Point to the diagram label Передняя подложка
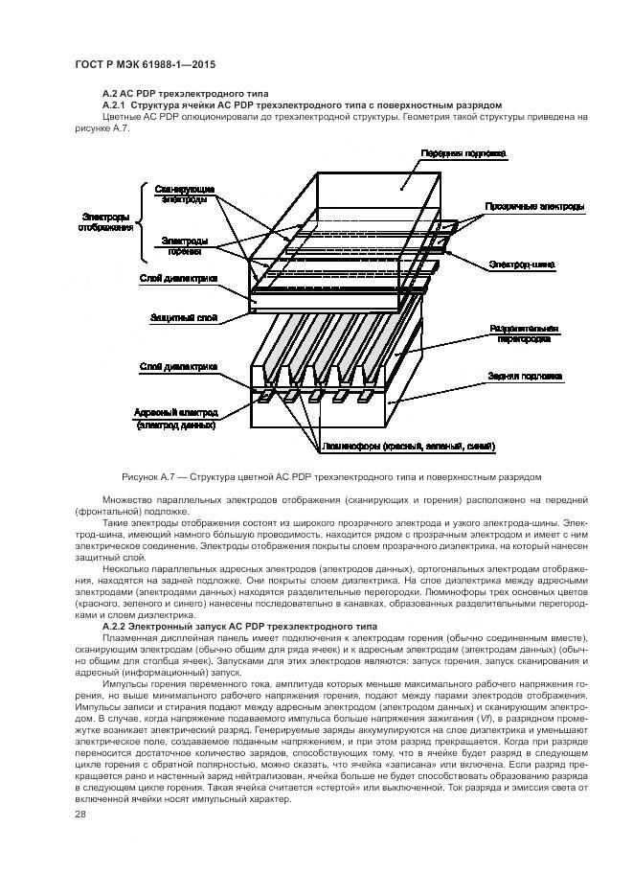(463, 153)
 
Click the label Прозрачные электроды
(534, 207)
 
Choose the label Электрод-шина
(519, 264)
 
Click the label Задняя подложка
(523, 376)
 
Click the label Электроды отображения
(106, 221)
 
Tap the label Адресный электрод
(176, 412)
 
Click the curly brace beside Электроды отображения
(146, 222)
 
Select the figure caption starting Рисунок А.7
(331, 476)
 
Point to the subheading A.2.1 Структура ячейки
(301, 104)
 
